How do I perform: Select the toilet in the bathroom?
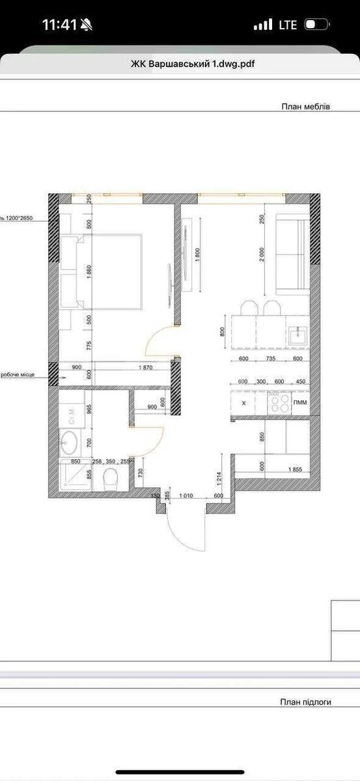[110, 480]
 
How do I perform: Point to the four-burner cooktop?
[280, 404]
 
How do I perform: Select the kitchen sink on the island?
[298, 336]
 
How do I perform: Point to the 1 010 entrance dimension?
[187, 497]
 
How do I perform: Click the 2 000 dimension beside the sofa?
[262, 254]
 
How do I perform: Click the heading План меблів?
[305, 106]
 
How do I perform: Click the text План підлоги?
[306, 702]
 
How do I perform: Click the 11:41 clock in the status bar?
[59, 25]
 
